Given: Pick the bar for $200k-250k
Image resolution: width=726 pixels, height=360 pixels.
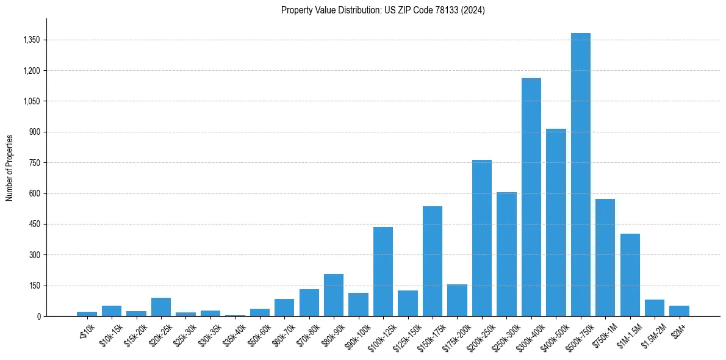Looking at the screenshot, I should (x=482, y=238).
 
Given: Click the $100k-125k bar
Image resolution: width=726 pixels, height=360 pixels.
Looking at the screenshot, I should (x=383, y=272).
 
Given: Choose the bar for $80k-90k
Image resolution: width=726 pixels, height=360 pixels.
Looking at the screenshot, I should (x=334, y=295).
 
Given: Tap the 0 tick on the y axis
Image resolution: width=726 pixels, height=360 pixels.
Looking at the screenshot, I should (x=38, y=317).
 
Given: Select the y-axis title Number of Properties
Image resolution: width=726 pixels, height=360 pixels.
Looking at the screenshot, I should (x=10, y=168).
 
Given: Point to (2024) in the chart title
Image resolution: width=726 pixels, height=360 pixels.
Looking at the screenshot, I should (x=474, y=10).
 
